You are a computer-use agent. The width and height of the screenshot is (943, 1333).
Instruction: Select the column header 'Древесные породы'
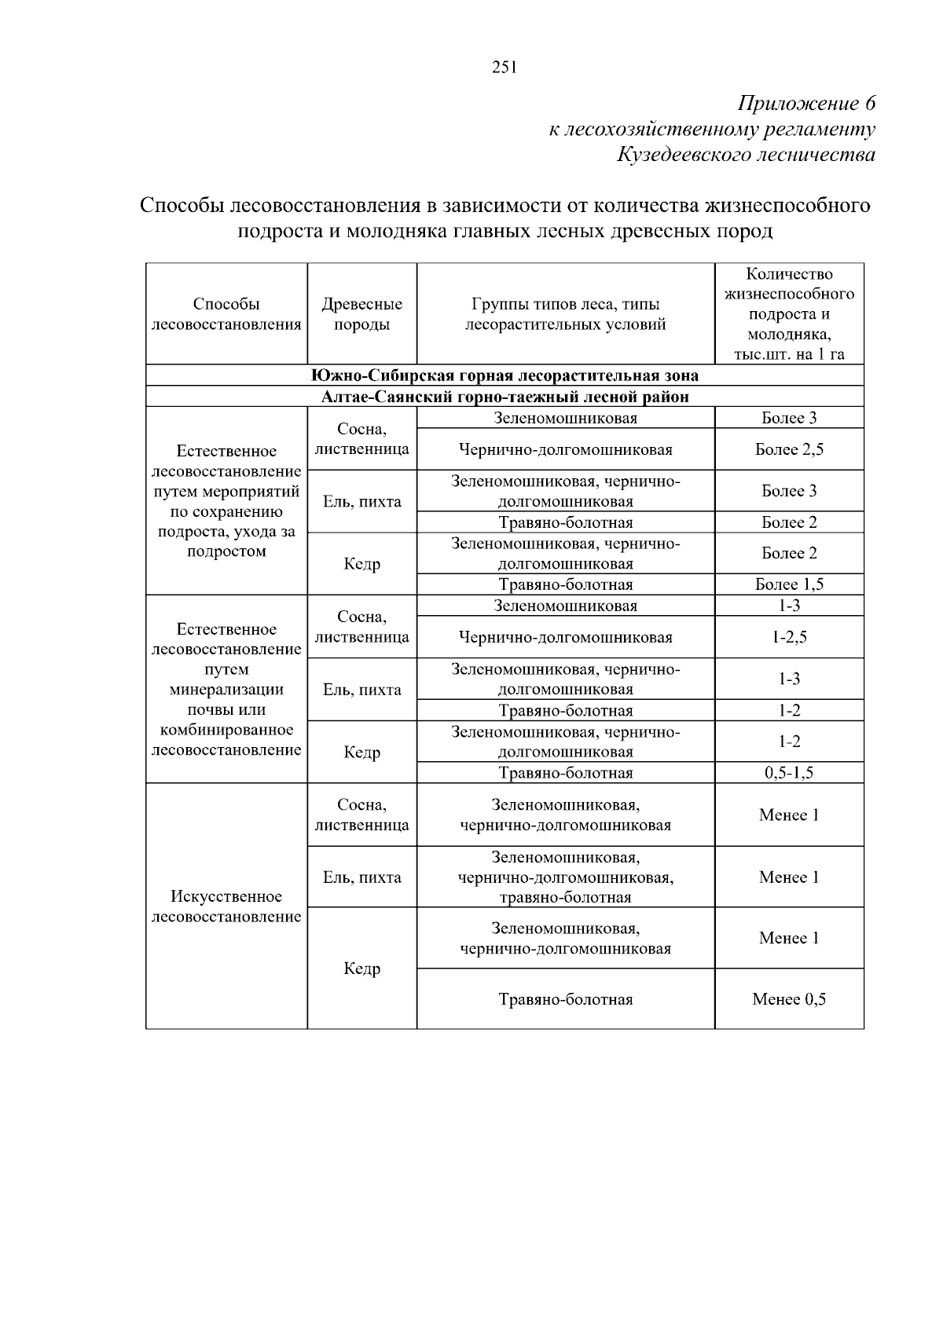361,314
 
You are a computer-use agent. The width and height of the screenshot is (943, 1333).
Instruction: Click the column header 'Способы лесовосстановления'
226,314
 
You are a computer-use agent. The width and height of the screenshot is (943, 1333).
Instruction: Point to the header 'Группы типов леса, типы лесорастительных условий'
565,314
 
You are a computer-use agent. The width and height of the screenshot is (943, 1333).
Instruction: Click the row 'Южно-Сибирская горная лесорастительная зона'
505,375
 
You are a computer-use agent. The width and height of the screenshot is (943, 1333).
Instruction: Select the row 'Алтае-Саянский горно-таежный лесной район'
505,397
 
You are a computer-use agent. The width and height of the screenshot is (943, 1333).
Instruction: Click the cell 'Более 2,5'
789,449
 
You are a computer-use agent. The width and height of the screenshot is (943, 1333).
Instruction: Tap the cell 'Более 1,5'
789,584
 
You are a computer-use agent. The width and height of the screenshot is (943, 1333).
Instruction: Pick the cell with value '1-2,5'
789,637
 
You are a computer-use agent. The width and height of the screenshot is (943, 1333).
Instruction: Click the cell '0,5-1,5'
789,773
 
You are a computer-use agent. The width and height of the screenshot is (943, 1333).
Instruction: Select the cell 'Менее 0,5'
789,999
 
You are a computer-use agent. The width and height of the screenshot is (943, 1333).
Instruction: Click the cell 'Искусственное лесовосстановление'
226,906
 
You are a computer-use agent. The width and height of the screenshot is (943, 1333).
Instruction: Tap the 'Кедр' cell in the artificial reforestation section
361,969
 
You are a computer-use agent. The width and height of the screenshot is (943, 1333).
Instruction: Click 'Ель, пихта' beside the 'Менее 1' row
361,877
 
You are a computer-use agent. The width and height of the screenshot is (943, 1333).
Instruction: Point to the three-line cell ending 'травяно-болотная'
565,877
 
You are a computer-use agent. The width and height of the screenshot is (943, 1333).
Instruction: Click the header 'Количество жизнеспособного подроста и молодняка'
789,314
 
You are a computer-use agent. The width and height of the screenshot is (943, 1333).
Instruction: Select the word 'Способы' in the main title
182,206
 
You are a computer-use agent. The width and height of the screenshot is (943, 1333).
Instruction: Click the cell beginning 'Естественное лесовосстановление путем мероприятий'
226,501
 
